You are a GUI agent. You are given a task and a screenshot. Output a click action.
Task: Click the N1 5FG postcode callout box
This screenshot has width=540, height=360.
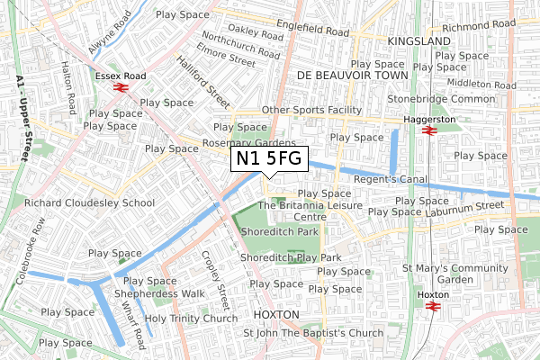(x=270, y=159)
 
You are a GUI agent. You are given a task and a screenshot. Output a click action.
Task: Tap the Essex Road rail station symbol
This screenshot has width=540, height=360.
(x=120, y=88)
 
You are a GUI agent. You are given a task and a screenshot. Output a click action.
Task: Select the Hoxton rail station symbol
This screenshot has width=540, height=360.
(x=431, y=306)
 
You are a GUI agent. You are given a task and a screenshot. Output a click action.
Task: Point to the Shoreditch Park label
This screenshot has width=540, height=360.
(x=280, y=232)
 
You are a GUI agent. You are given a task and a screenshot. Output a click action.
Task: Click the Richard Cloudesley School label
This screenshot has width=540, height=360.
(x=90, y=202)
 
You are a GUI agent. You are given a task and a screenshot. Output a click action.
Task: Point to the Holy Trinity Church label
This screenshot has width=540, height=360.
(x=192, y=318)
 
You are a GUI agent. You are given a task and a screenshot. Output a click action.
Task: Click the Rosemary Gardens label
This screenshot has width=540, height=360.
(x=249, y=143)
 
